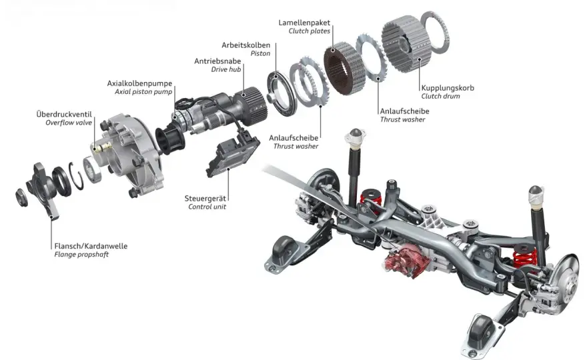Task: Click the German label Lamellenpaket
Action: (304, 23)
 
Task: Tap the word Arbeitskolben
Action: (245, 45)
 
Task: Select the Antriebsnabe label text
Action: (217, 61)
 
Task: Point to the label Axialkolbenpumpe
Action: (139, 83)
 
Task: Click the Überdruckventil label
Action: (64, 114)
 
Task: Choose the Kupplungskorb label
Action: (448, 88)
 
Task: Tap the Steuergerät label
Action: (205, 199)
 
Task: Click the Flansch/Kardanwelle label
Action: (91, 246)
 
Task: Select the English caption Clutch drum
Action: (441, 96)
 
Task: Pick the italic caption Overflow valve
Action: (69, 123)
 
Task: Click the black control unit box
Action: (233, 156)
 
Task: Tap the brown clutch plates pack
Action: (344, 68)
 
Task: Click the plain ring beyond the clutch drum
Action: (435, 32)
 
